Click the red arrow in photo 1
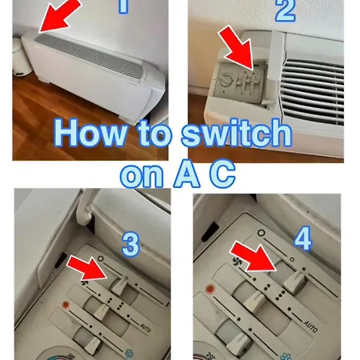(58, 16)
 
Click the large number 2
(286, 10)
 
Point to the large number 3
(130, 244)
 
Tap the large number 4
(303, 238)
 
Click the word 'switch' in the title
(236, 133)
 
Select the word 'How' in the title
(90, 133)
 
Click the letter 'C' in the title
(222, 174)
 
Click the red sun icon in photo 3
(66, 305)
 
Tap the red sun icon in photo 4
(210, 289)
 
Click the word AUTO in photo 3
(146, 327)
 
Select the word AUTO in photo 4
(310, 326)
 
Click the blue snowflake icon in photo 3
(130, 354)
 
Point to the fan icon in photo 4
(237, 262)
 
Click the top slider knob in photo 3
(119, 286)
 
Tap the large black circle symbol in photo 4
(262, 233)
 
